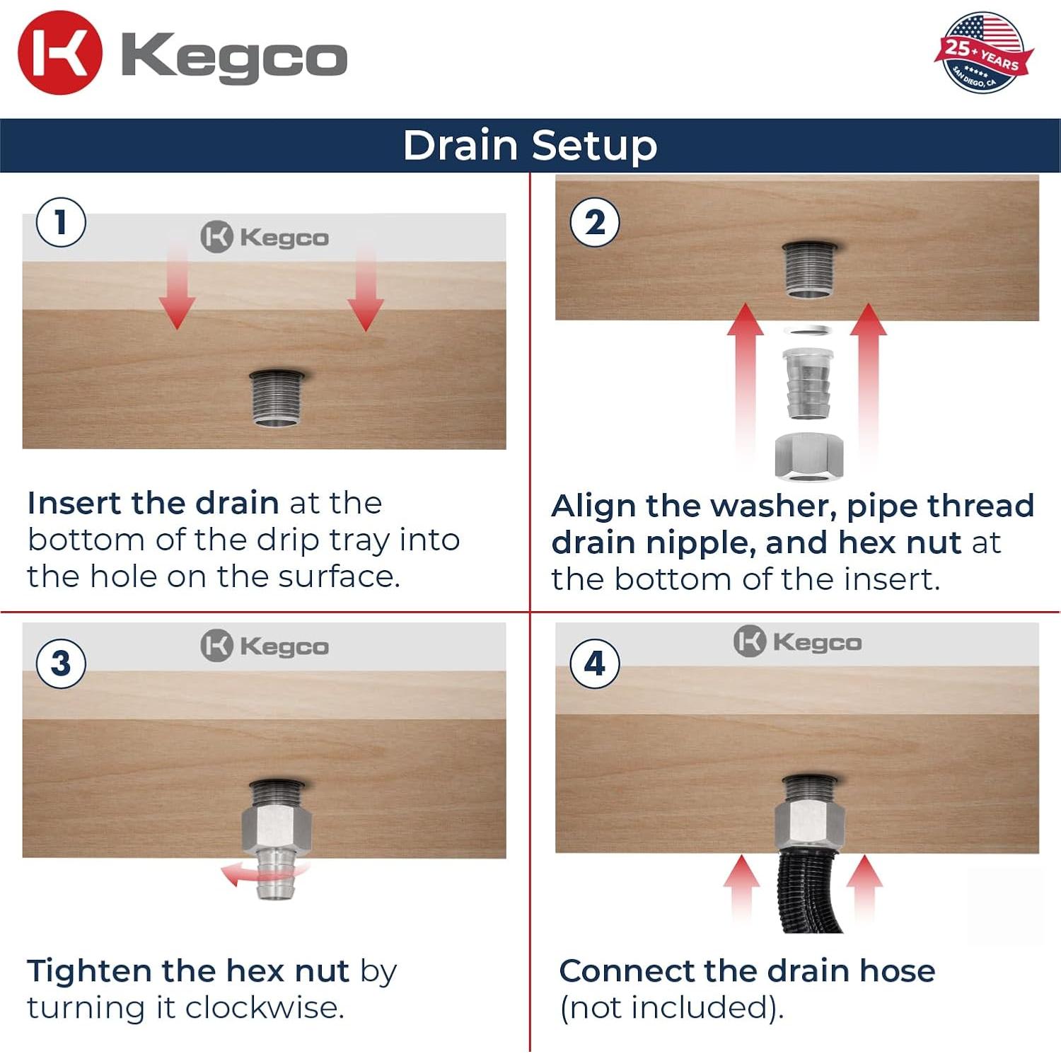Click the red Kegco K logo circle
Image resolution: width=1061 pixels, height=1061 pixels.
(60, 53)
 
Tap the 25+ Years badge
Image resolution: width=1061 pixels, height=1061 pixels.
(983, 53)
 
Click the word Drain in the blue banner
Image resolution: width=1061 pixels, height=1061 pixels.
(460, 145)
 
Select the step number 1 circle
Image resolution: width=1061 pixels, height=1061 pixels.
(61, 222)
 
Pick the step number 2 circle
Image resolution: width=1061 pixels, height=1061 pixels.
(595, 222)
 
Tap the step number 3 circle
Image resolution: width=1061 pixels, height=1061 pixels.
(61, 663)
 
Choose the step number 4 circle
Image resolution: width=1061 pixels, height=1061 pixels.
(595, 663)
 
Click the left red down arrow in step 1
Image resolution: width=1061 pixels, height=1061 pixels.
(177, 286)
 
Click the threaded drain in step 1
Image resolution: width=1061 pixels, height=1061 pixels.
(277, 398)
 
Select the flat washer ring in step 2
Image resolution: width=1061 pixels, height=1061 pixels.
(808, 330)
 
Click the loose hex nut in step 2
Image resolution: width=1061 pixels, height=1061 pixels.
(809, 456)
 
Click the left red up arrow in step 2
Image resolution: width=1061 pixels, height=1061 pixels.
(745, 382)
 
